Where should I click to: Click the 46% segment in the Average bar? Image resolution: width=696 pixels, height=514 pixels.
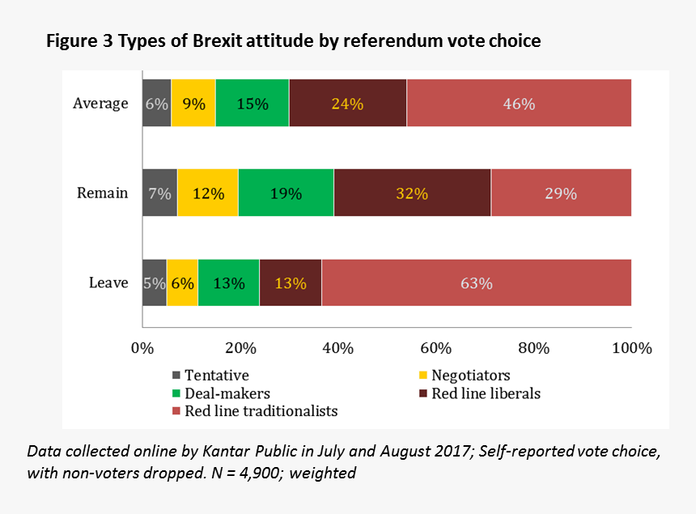519,104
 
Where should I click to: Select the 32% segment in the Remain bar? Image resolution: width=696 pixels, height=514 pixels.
412,193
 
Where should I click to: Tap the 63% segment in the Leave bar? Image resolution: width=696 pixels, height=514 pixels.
476,283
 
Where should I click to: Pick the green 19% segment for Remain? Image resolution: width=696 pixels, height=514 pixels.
286,193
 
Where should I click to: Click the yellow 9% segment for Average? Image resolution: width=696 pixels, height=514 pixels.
193,104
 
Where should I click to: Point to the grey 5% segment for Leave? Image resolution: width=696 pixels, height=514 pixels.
155,283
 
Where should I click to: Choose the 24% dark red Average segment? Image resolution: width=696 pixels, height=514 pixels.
347,104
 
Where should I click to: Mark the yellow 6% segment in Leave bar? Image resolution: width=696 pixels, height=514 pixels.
182,283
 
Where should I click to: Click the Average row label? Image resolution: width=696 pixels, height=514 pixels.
100,104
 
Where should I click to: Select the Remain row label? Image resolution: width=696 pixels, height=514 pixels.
102,193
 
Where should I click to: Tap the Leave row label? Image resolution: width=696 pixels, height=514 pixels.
108,283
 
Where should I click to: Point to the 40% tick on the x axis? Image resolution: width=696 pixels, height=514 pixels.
337,349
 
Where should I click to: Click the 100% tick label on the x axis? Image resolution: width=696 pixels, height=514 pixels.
632,349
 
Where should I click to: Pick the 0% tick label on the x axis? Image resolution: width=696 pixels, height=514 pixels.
142,349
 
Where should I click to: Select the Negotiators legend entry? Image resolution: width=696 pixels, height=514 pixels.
470,376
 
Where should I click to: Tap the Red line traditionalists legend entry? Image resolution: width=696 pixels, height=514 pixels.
261,411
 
